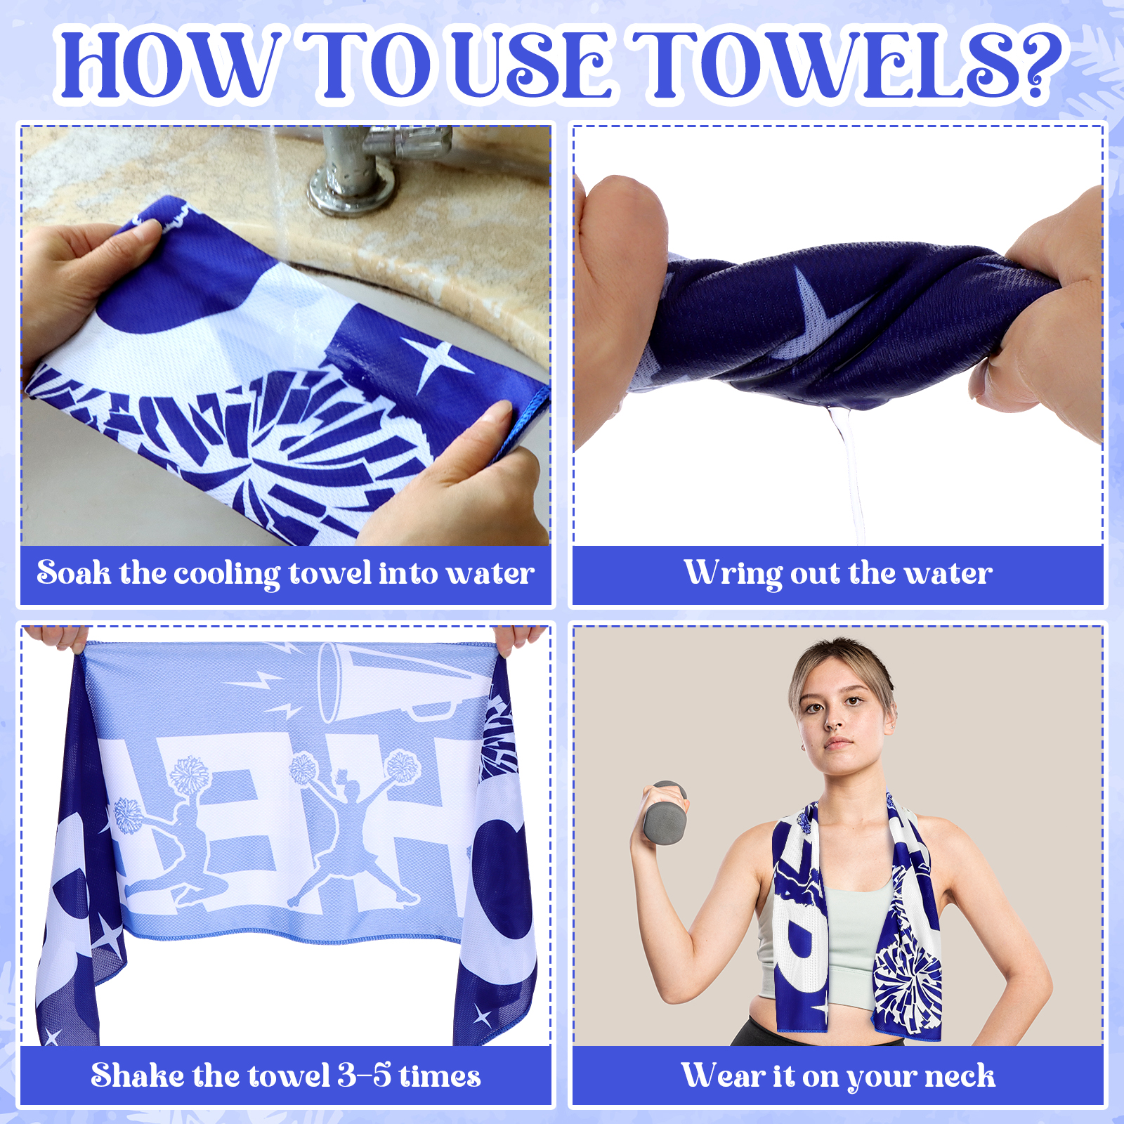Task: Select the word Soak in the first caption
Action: coord(73,573)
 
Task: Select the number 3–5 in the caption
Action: coord(364,1076)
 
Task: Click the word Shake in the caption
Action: coord(138,1076)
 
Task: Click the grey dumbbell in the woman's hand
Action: coord(663,811)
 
